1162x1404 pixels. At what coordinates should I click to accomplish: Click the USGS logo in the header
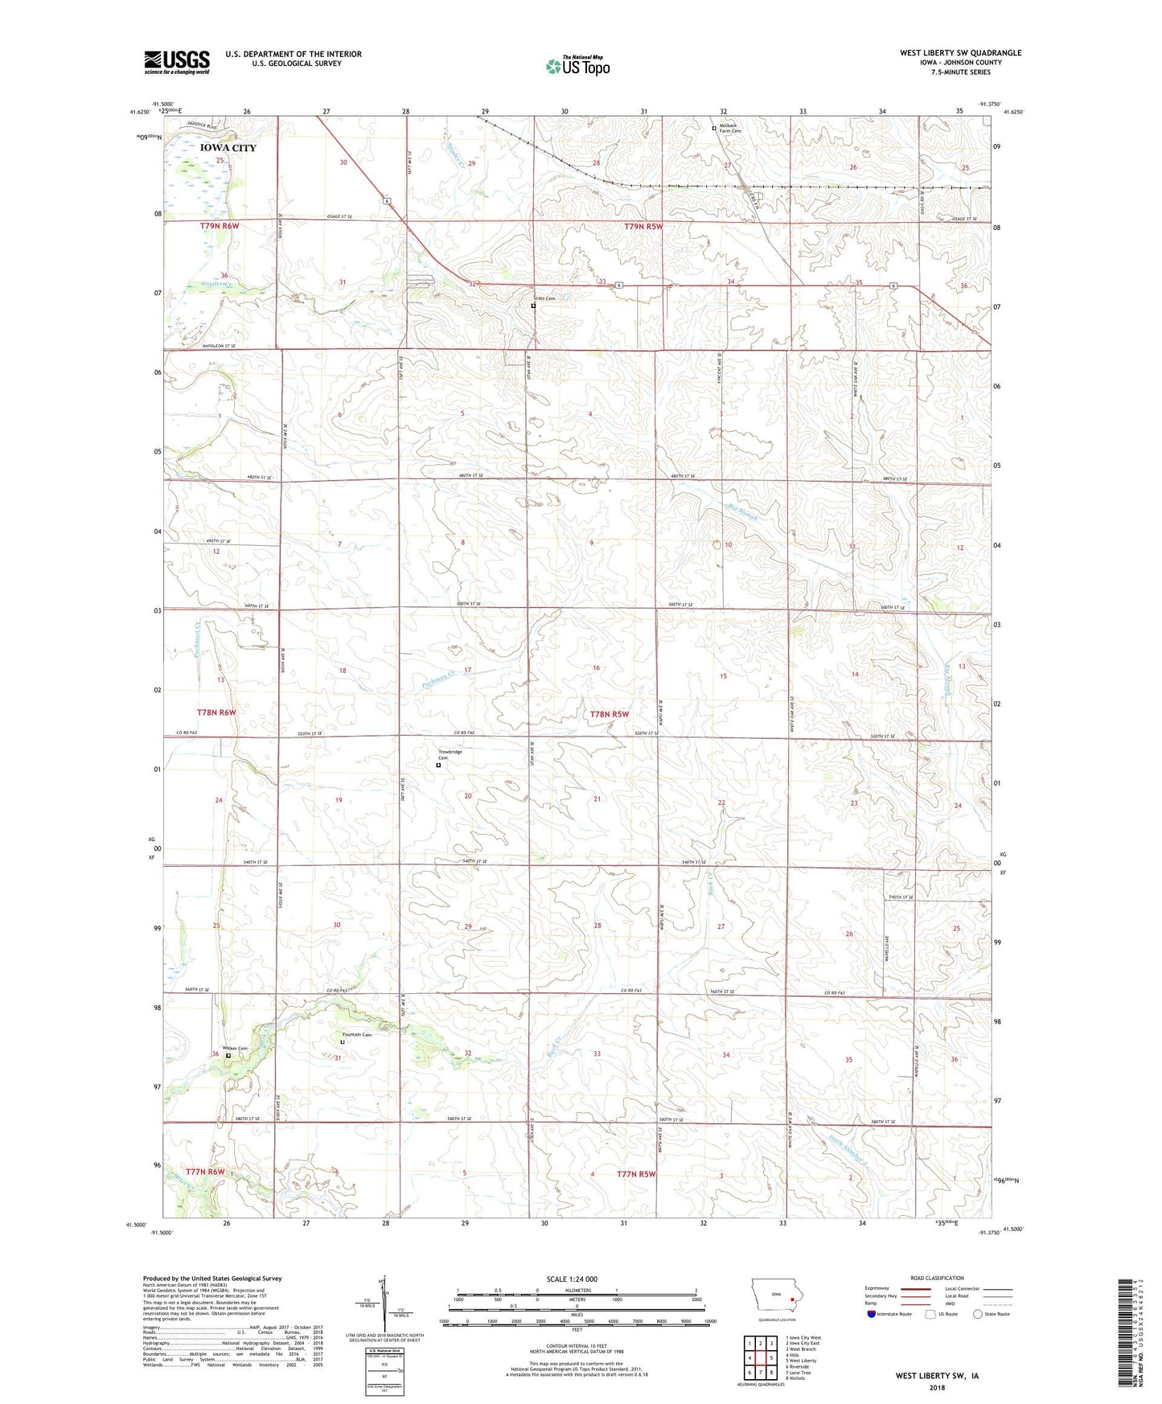177,62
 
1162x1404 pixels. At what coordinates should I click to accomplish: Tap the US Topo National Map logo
577,66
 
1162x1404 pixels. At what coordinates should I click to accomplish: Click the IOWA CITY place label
228,148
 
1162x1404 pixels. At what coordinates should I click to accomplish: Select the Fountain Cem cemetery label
356,1035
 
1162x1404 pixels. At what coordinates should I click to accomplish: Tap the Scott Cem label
546,298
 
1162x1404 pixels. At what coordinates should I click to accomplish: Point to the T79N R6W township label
220,227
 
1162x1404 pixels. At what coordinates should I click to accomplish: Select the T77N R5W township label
636,1174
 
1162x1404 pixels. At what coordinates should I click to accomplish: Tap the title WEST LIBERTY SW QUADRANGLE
960,53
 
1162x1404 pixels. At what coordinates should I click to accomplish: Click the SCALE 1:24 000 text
571,1279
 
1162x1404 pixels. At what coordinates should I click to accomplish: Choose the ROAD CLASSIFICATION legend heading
938,1278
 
